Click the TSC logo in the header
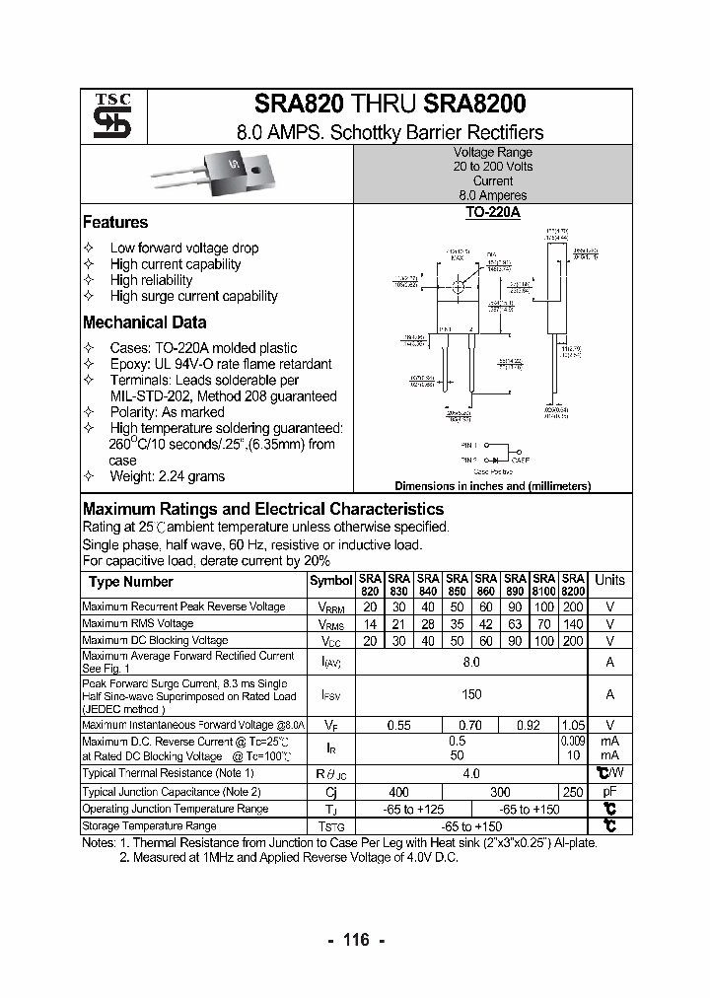[x=106, y=116]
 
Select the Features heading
[x=115, y=223]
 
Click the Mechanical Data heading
[x=144, y=322]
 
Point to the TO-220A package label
[x=492, y=212]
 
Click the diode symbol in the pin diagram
[x=496, y=459]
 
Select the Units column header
[x=609, y=580]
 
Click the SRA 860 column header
[x=485, y=584]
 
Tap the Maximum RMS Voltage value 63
[x=515, y=624]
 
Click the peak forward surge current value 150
[x=471, y=695]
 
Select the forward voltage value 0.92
[x=529, y=725]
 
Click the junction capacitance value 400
[x=398, y=792]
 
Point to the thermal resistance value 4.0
[x=471, y=774]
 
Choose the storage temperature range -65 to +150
[x=471, y=826]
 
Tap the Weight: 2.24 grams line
[x=167, y=476]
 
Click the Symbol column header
[x=330, y=582]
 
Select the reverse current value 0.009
[x=572, y=740]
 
